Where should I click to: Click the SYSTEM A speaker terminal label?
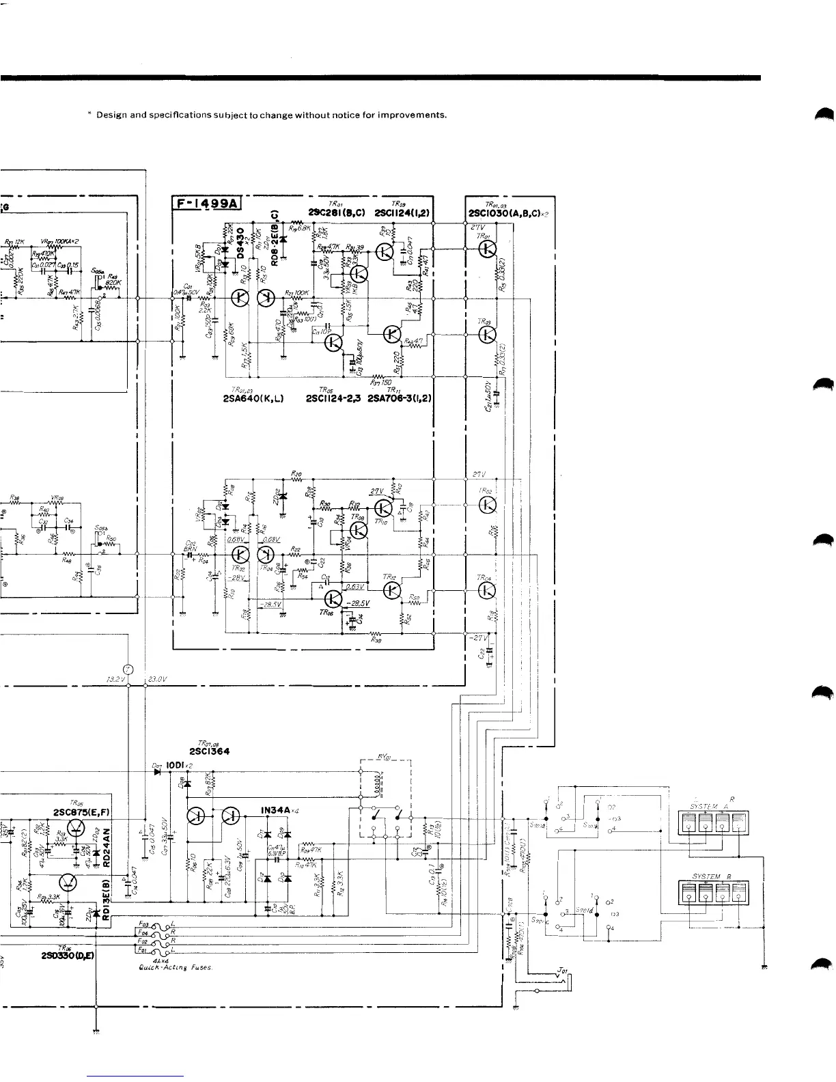712,806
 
